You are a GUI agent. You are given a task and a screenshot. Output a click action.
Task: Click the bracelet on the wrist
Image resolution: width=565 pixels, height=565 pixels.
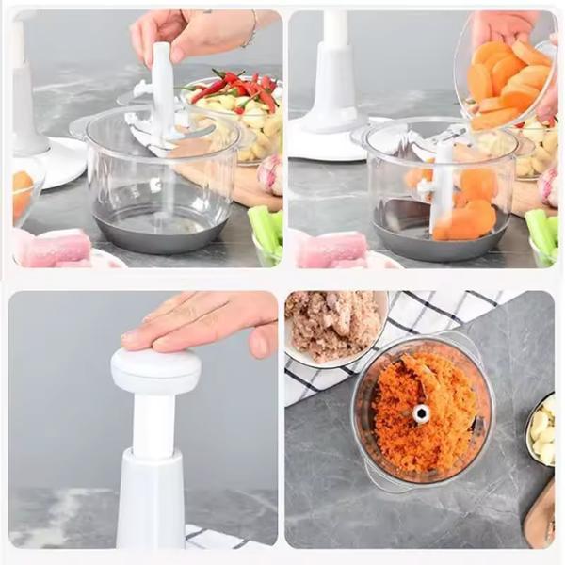pyautogui.click(x=250, y=33)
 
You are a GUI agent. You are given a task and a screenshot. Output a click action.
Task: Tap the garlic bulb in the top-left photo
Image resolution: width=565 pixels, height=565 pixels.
pyautogui.click(x=269, y=173)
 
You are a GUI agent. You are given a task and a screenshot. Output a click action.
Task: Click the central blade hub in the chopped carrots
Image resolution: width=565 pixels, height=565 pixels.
pyautogui.click(x=420, y=413)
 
